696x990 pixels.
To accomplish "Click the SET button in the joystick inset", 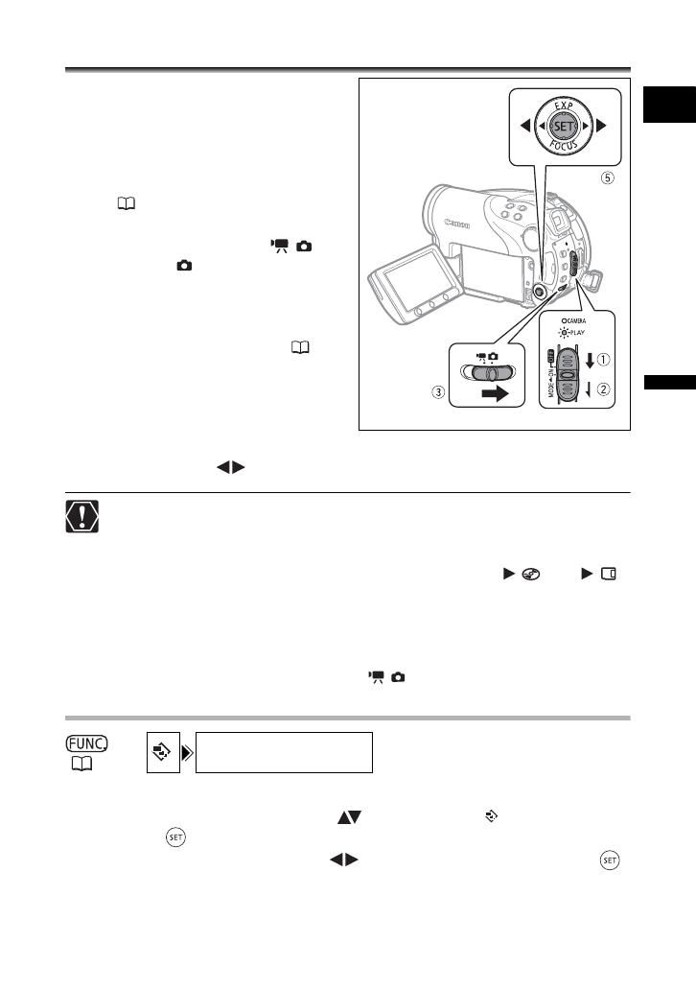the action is pyautogui.click(x=564, y=126).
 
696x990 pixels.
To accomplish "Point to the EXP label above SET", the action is pyautogui.click(x=564, y=106).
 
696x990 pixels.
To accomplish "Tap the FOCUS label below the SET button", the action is pyautogui.click(x=564, y=146).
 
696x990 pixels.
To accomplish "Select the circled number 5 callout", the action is pyautogui.click(x=607, y=177).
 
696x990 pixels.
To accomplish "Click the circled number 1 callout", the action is pyautogui.click(x=604, y=359).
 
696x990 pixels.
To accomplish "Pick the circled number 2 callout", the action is pyautogui.click(x=604, y=389).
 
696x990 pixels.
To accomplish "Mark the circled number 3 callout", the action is pyautogui.click(x=438, y=392).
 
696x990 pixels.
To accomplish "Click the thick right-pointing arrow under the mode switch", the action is pyautogui.click(x=495, y=394).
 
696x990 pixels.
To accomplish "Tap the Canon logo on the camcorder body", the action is pyautogui.click(x=457, y=224).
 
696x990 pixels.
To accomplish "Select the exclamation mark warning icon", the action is pyautogui.click(x=82, y=516).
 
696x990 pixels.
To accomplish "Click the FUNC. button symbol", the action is pyautogui.click(x=86, y=743).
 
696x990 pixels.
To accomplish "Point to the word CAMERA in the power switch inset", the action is pyautogui.click(x=575, y=320).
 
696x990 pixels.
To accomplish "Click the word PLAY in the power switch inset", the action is pyautogui.click(x=577, y=332).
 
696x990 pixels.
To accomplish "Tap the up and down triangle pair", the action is pyautogui.click(x=350, y=817).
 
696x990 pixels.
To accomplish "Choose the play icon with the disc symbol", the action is pyautogui.click(x=522, y=574).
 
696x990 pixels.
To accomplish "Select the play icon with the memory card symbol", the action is pyautogui.click(x=599, y=574).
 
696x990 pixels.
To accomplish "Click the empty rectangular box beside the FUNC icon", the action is pyautogui.click(x=284, y=753).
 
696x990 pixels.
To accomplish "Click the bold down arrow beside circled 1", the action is pyautogui.click(x=590, y=361).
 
